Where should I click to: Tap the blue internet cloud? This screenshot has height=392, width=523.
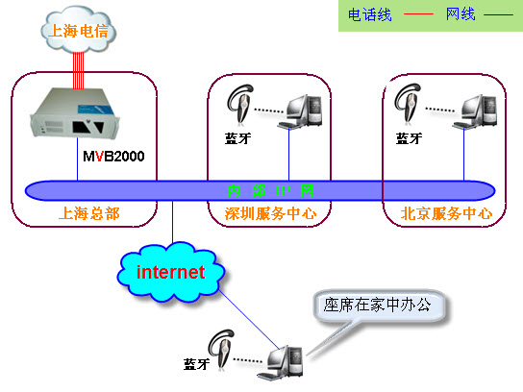(171, 272)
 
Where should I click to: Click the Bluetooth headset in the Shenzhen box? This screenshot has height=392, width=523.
(238, 103)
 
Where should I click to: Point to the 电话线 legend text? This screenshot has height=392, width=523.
(369, 15)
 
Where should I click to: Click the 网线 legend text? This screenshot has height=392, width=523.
(461, 15)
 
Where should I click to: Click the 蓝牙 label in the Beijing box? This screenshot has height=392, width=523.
(409, 137)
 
